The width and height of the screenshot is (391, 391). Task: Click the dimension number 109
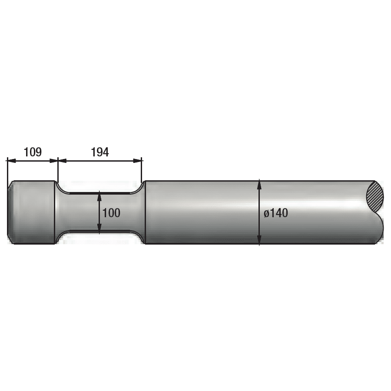tap(33, 152)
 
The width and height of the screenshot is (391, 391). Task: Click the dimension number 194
tap(100, 152)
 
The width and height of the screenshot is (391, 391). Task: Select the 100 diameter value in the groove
tap(111, 213)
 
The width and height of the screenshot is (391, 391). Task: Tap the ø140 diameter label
tap(276, 213)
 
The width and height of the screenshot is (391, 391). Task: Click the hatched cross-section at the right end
tap(376, 196)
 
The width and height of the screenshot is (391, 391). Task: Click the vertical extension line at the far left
tap(7, 169)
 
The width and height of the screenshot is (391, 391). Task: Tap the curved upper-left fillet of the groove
tap(60, 187)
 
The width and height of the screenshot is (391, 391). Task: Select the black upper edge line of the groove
tap(100, 192)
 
